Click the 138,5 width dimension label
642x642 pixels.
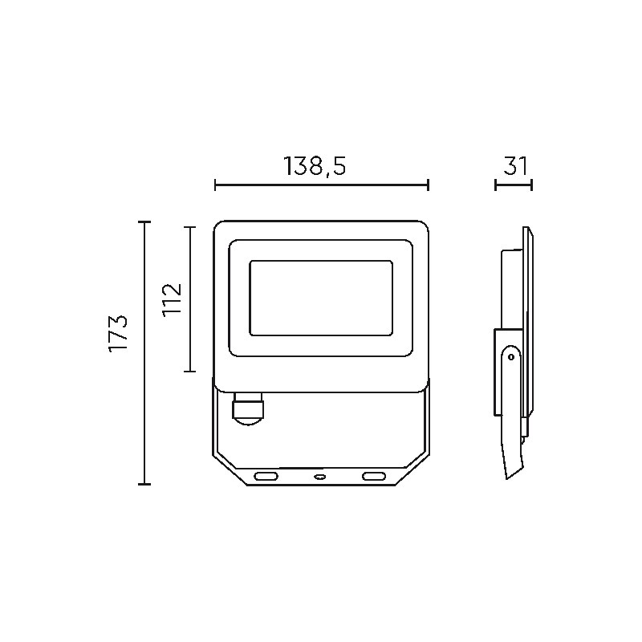[315, 166]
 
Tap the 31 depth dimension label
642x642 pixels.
[515, 166]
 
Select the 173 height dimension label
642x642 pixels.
[118, 333]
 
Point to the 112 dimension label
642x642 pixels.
[172, 299]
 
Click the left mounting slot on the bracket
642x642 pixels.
[266, 476]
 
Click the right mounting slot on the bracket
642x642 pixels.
[374, 476]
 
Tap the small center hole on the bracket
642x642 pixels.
[319, 477]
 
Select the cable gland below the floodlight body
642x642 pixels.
[248, 408]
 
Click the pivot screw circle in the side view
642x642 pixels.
[511, 357]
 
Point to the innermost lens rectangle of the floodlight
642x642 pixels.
[321, 298]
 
